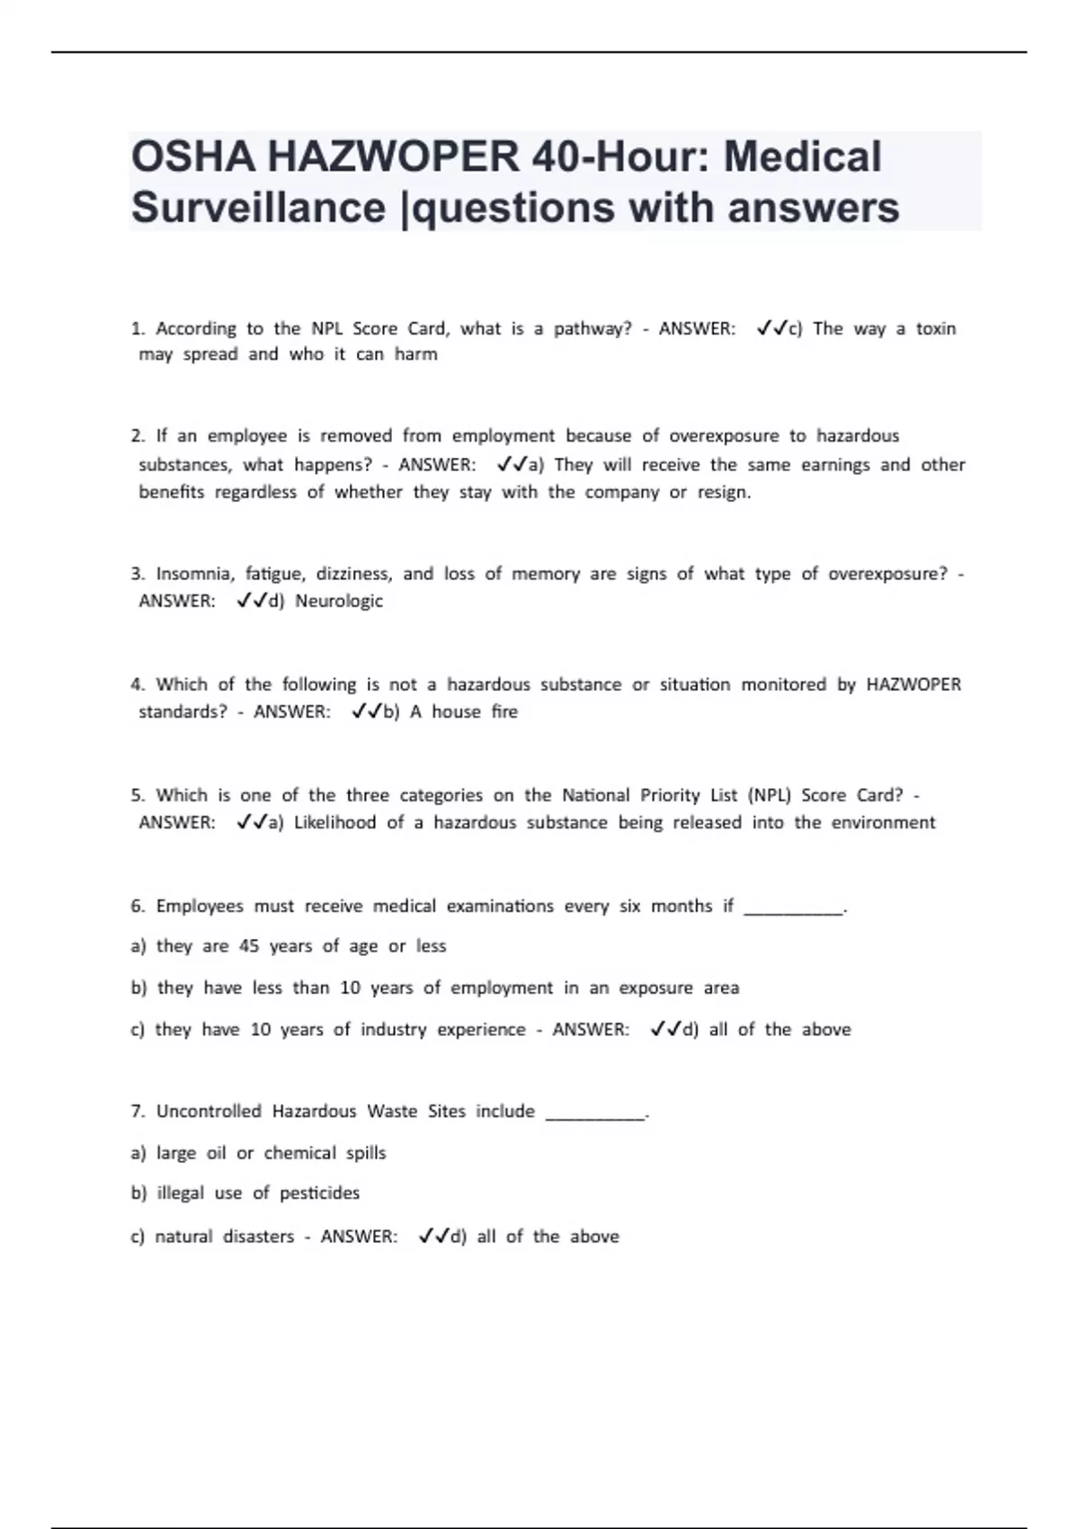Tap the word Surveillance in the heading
(258, 208)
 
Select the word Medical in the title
(802, 157)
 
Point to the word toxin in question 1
(935, 328)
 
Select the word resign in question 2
(723, 492)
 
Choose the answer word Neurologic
(339, 601)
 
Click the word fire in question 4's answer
(504, 711)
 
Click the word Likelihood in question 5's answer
(334, 822)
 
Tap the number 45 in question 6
(249, 946)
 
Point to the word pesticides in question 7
(319, 1194)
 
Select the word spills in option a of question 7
(366, 1153)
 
